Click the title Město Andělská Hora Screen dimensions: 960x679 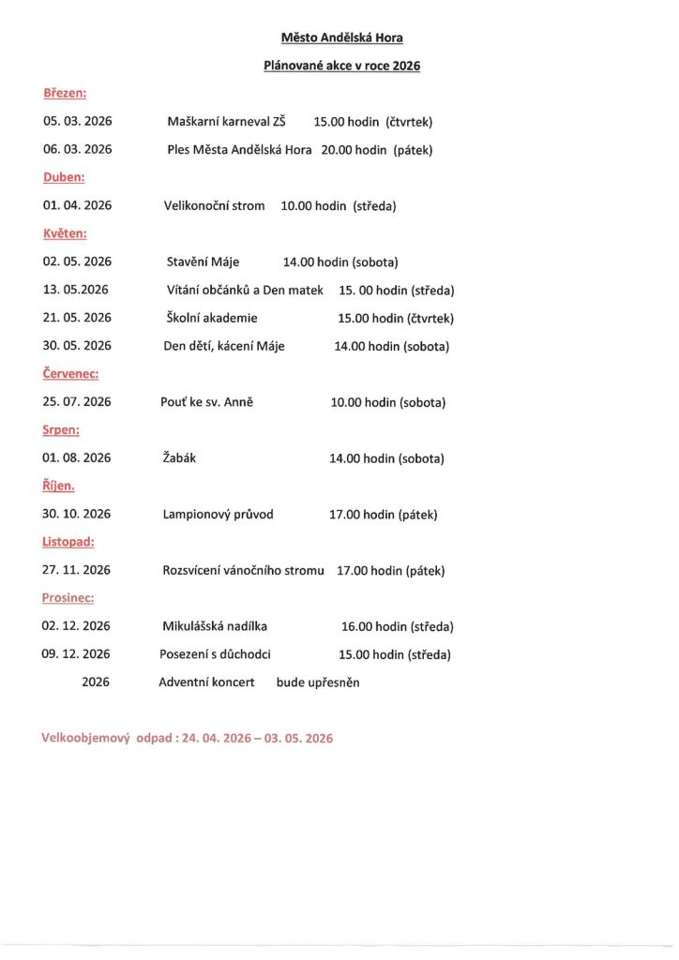tap(342, 38)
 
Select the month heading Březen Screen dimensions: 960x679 tap(64, 94)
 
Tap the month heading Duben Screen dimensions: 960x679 tap(64, 176)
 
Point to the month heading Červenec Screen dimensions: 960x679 tap(70, 373)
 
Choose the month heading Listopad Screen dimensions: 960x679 tap(68, 541)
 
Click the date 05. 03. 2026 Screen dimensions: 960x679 tap(77, 122)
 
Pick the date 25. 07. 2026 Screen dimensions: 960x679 tap(77, 402)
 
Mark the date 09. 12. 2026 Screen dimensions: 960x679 tap(76, 654)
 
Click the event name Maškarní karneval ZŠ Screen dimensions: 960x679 tap(226, 122)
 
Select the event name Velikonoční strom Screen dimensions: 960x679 tap(215, 205)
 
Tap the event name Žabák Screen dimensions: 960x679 tap(179, 458)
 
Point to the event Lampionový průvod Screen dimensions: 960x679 tap(219, 514)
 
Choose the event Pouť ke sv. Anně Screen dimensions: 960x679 tap(207, 402)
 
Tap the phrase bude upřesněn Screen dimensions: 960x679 tap(318, 682)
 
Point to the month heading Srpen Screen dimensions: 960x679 tap(61, 430)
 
